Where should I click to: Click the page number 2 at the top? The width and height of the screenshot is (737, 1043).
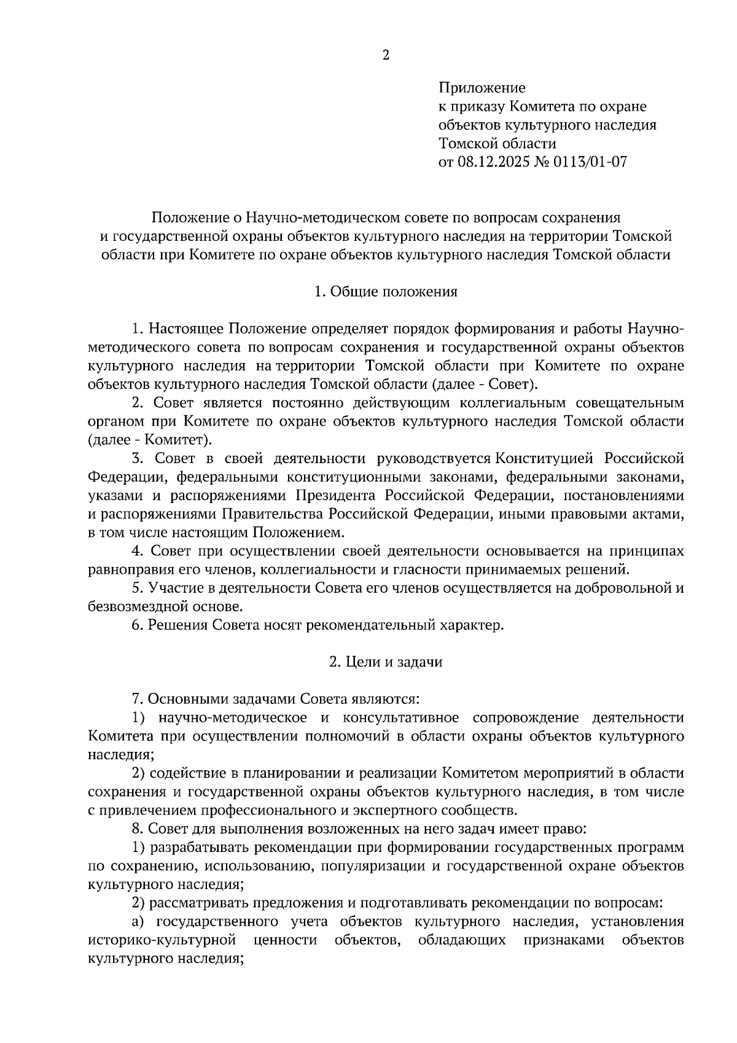click(386, 55)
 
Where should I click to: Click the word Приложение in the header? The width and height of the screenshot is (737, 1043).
click(482, 88)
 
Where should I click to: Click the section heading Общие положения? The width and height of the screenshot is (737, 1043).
click(394, 291)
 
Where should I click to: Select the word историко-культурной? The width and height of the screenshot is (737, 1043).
click(163, 940)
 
